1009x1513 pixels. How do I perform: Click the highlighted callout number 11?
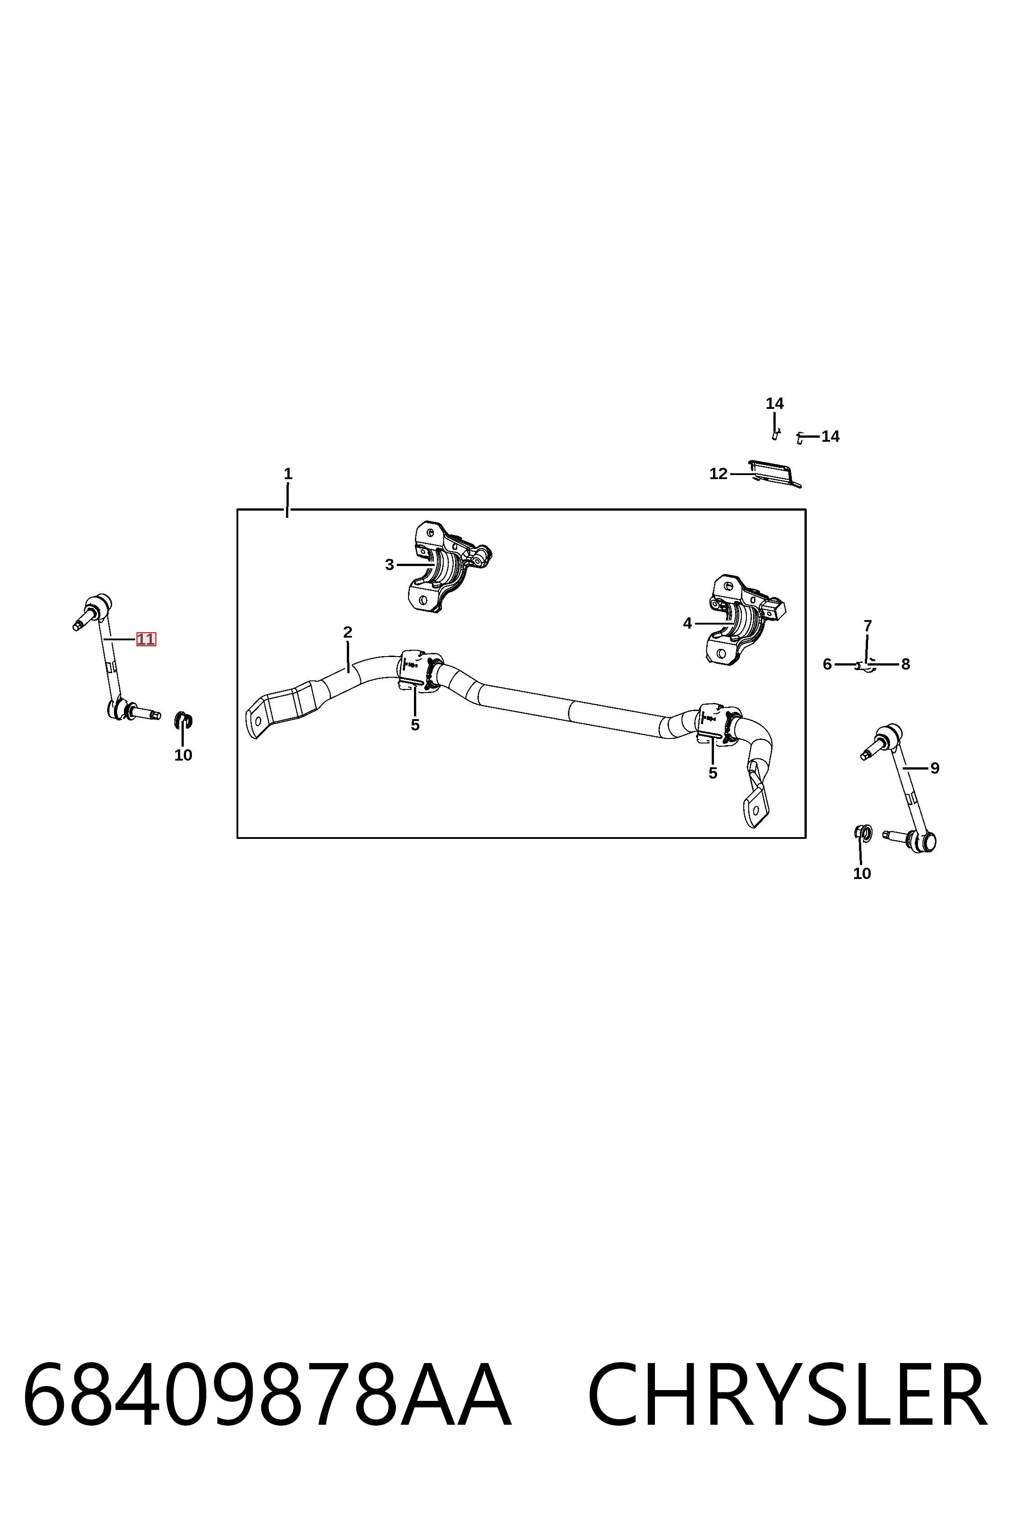[146, 639]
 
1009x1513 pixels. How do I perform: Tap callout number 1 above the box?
[288, 474]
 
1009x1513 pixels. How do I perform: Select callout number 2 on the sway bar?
[347, 632]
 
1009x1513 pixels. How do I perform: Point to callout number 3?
[389, 565]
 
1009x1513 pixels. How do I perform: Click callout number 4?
[687, 623]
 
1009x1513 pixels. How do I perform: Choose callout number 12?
[718, 474]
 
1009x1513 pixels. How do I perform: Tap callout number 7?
[868, 625]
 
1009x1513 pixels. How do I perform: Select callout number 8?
[905, 665]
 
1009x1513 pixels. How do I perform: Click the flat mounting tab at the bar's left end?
[257, 716]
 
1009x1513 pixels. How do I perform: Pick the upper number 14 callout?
[775, 404]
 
